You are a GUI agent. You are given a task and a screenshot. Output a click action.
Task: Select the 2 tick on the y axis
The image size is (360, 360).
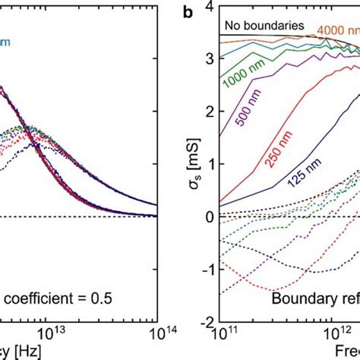(x=211, y=111)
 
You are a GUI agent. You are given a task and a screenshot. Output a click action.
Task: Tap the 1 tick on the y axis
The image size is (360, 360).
(x=211, y=164)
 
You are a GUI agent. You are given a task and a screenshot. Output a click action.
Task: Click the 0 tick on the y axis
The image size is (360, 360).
(x=211, y=217)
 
